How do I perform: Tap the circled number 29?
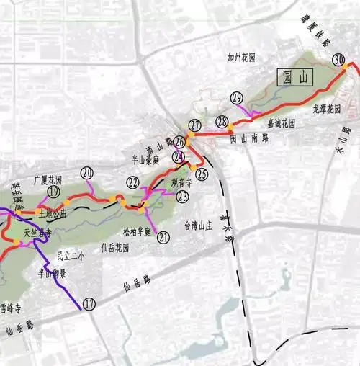pyautogui.click(x=236, y=97)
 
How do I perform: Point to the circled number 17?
pyautogui.click(x=89, y=304)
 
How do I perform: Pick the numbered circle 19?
pyautogui.click(x=53, y=191)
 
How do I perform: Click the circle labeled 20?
pyautogui.click(x=87, y=173)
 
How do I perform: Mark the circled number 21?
pyautogui.click(x=163, y=237)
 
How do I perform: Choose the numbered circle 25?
pyautogui.click(x=202, y=174)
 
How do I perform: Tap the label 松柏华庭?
pyautogui.click(x=137, y=233)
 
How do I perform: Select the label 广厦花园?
pyautogui.click(x=48, y=179)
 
